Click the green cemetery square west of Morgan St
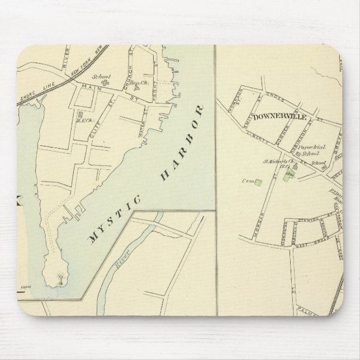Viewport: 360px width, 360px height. click(259, 182)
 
